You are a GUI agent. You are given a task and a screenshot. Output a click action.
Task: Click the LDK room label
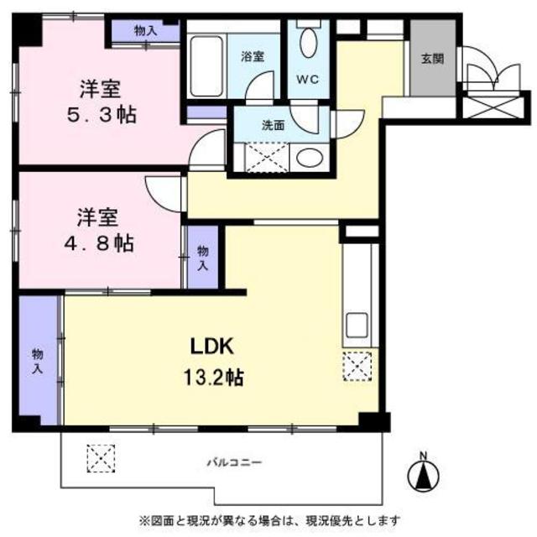point(212,346)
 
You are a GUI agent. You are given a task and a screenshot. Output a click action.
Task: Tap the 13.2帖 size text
point(214,378)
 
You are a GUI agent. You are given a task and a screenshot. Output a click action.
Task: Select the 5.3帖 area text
point(102,115)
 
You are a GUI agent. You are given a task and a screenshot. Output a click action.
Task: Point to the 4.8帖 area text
point(99,243)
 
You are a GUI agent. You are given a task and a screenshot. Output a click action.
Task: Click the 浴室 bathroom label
point(253,56)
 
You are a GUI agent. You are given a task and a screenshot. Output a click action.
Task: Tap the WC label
point(308,80)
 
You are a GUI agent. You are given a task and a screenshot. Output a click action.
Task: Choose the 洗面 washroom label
point(273,126)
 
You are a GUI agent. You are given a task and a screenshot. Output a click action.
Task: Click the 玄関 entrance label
point(433,59)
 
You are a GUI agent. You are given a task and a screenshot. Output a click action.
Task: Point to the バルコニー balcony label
point(235,463)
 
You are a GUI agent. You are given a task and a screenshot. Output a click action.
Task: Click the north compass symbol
point(424,473)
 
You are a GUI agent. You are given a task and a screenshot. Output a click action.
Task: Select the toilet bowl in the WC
point(308,42)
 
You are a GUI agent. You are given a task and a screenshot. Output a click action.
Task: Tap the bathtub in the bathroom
point(206,66)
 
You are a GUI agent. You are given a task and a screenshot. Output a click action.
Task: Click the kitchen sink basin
point(357,325)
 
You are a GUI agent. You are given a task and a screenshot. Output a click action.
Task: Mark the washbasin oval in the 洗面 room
point(310,158)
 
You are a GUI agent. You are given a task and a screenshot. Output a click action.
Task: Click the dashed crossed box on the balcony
point(101,459)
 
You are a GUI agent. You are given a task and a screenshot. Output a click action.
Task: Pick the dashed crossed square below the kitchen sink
point(357,367)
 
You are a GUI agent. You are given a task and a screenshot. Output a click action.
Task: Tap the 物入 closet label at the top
point(145,31)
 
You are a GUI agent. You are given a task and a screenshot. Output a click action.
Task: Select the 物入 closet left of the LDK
point(37,361)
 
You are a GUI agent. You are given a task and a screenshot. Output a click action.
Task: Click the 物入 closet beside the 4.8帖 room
point(203,258)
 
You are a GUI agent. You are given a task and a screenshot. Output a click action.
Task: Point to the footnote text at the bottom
point(269,521)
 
